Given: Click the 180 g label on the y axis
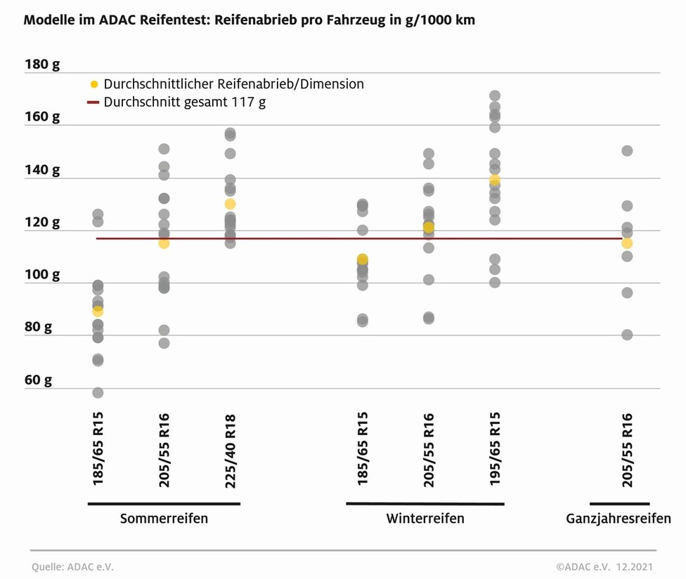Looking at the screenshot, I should (42, 65).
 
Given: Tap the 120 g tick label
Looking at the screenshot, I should (42, 223).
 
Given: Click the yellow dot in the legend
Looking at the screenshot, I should (94, 84).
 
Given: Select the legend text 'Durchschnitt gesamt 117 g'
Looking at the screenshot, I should (184, 102).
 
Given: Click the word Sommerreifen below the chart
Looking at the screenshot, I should (164, 519).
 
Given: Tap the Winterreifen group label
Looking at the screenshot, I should (425, 519).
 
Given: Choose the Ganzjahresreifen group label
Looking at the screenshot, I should (619, 519).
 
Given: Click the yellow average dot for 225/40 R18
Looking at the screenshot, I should (230, 204).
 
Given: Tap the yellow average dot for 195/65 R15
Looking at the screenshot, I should (495, 180).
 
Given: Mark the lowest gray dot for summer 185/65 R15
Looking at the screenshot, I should (98, 392).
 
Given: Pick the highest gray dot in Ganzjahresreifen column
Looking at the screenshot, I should (627, 151).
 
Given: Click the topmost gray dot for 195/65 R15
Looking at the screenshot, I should (495, 95).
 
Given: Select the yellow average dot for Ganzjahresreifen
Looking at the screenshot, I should (627, 243).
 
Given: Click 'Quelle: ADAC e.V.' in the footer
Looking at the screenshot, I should (72, 566).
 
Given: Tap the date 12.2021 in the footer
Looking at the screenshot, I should (635, 566).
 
